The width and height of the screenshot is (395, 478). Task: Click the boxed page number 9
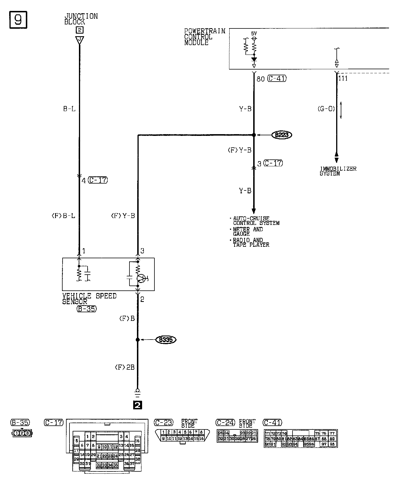pyautogui.click(x=18, y=20)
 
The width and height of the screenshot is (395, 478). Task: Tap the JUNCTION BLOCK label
pyautogui.click(x=81, y=19)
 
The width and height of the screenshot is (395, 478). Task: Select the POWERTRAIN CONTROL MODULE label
pyautogui.click(x=204, y=37)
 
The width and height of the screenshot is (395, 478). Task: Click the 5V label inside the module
pyautogui.click(x=254, y=34)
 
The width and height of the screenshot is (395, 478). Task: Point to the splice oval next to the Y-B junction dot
pyautogui.click(x=282, y=135)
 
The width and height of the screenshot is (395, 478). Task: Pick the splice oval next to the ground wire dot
pyautogui.click(x=166, y=340)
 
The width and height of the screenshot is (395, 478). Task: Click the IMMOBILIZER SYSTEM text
pyautogui.click(x=338, y=171)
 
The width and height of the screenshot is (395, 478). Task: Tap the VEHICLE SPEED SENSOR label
pyautogui.click(x=89, y=298)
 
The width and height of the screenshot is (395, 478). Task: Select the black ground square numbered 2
pyautogui.click(x=138, y=405)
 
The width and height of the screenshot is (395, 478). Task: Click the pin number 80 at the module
pyautogui.click(x=260, y=79)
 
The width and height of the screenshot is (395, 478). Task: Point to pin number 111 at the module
pyautogui.click(x=343, y=78)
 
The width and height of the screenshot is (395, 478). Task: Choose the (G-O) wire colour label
pyautogui.click(x=326, y=109)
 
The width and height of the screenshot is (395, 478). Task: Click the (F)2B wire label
pyautogui.click(x=125, y=367)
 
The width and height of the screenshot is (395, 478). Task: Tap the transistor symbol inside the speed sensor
pyautogui.click(x=141, y=278)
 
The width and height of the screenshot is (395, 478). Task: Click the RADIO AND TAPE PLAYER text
pyautogui.click(x=251, y=242)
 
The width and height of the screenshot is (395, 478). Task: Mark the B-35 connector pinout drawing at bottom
pyautogui.click(x=22, y=433)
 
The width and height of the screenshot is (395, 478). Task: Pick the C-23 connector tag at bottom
pyautogui.click(x=164, y=422)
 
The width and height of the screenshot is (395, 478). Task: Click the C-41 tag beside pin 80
pyautogui.click(x=277, y=78)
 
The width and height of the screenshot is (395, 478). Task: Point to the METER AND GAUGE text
pyautogui.click(x=247, y=232)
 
